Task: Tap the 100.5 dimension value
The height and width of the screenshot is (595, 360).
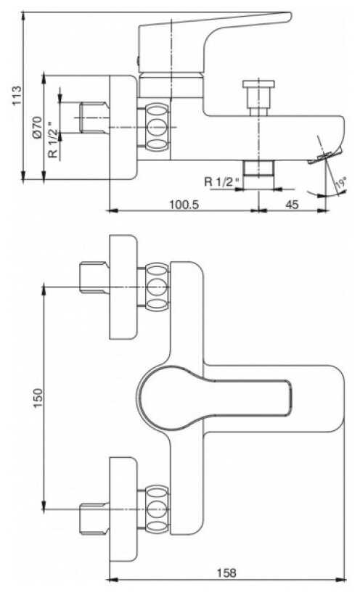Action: coord(184,205)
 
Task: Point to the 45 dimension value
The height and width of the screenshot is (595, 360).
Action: coord(292,205)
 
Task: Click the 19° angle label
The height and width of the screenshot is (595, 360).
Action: coord(341,183)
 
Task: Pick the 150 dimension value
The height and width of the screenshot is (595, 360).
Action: coord(38,398)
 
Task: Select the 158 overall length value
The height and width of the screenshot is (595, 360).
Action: coord(226,573)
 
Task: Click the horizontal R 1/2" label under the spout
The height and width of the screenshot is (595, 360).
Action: coord(223,181)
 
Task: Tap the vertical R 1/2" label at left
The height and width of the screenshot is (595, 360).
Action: coord(53,139)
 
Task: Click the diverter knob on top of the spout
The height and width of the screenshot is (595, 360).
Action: coord(258,97)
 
